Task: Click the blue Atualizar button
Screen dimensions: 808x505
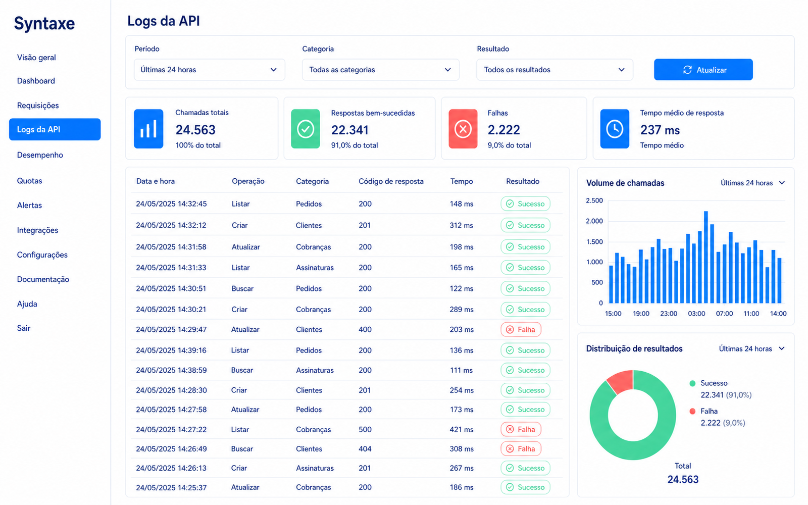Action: tap(703, 70)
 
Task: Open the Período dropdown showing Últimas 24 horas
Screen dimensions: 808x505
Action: tap(209, 70)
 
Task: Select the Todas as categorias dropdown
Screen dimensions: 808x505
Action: tap(381, 70)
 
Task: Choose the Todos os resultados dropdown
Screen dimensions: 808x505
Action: tap(554, 70)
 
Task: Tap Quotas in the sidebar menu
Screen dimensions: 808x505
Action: tap(30, 181)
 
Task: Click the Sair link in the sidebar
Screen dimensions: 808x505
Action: tap(23, 328)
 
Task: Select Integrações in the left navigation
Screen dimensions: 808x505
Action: tap(37, 230)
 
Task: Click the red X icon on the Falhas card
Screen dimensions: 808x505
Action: tap(463, 129)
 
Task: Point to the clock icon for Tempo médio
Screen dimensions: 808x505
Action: tap(615, 129)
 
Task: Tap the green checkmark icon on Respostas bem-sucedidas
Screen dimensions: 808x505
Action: tap(306, 129)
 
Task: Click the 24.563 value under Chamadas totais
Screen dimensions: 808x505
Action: tap(195, 130)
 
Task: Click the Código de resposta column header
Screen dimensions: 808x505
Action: tap(391, 181)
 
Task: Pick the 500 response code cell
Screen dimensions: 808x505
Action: tap(365, 429)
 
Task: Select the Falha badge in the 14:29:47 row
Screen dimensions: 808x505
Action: tap(521, 329)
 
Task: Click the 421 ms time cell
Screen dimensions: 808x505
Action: tap(462, 429)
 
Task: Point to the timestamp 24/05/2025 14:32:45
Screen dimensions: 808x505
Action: tap(171, 204)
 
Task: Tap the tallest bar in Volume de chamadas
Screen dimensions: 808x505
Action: tap(706, 257)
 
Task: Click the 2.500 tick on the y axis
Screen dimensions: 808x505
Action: tap(594, 200)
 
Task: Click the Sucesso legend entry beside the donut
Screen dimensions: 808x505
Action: tap(714, 383)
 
